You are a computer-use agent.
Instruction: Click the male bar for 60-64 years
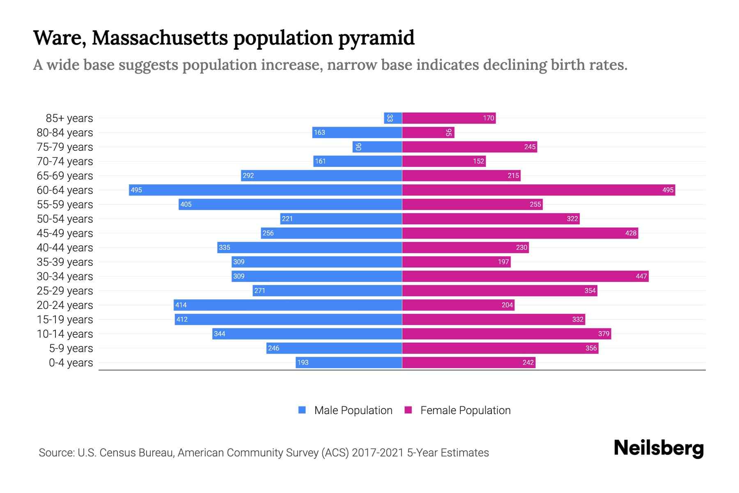coord(265,190)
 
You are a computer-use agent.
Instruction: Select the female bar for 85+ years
coord(449,118)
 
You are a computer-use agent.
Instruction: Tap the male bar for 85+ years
coord(393,118)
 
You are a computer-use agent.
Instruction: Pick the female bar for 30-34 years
coord(525,276)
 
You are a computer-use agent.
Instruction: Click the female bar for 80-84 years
coord(428,133)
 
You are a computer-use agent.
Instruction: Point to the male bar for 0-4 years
coord(349,362)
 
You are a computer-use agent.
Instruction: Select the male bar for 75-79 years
coord(377,147)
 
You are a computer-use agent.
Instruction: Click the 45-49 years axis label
coord(65,233)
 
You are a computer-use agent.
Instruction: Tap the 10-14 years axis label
coord(65,334)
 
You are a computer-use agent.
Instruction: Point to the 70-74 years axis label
coord(65,161)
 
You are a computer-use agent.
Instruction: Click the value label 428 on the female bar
coord(631,233)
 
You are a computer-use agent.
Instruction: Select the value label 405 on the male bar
coord(186,205)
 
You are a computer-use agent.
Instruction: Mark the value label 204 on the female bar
coord(507,305)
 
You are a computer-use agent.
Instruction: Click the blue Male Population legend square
coord(302,410)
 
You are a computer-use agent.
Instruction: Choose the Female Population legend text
coord(465,410)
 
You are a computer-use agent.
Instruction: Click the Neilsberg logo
coord(659,448)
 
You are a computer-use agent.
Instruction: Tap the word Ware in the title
coord(59,38)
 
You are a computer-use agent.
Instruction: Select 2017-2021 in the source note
coord(378,453)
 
